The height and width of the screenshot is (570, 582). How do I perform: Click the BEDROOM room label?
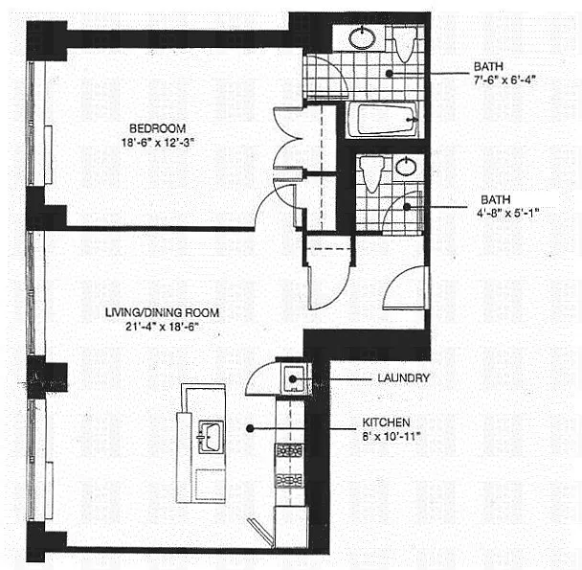click(159, 127)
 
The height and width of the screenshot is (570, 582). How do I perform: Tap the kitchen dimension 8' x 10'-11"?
click(386, 438)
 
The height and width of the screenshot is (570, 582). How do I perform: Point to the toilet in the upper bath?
click(405, 42)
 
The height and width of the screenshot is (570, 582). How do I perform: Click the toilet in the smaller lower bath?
click(371, 173)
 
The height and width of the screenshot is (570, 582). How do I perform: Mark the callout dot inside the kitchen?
click(251, 428)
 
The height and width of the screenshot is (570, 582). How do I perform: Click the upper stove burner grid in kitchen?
click(289, 450)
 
